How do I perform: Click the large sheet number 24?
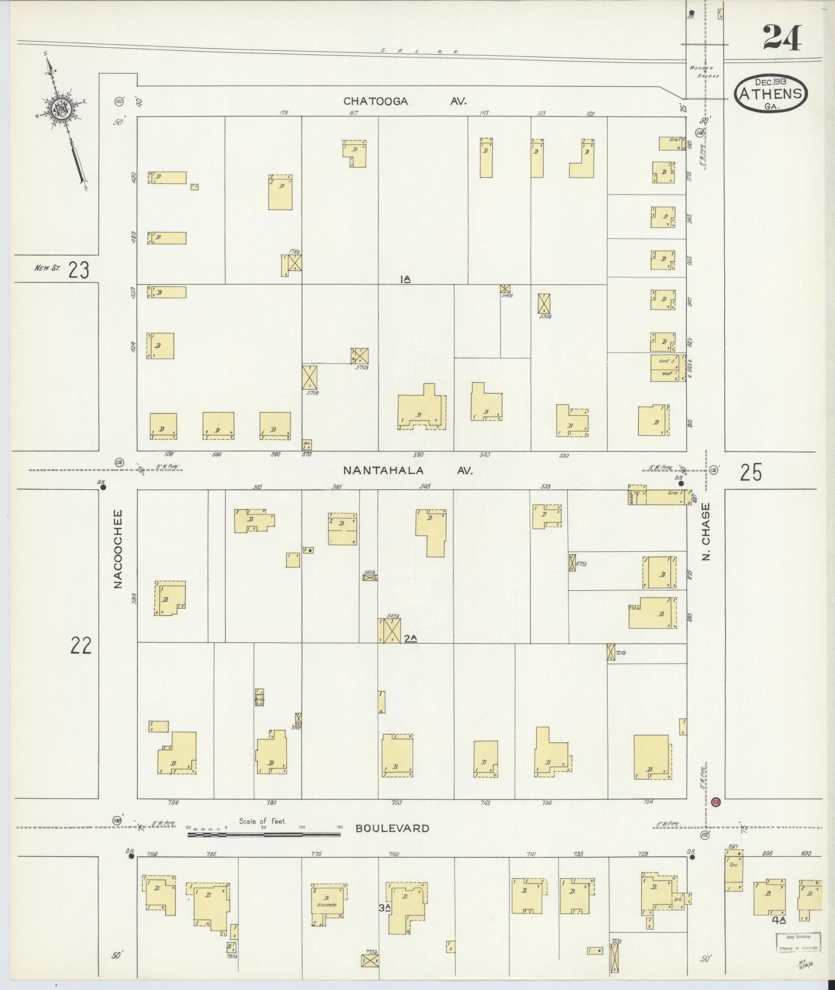pyautogui.click(x=782, y=38)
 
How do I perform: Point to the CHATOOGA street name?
pyautogui.click(x=376, y=101)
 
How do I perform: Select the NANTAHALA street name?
pyautogui.click(x=383, y=470)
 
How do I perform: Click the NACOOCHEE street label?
pyautogui.click(x=118, y=549)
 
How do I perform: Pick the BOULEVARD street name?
pyautogui.click(x=392, y=828)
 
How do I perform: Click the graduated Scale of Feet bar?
pyautogui.click(x=264, y=834)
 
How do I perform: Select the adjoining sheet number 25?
pyautogui.click(x=751, y=472)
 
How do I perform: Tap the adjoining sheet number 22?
pyautogui.click(x=81, y=645)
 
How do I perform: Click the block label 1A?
pyautogui.click(x=405, y=279)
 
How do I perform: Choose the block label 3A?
pyautogui.click(x=384, y=907)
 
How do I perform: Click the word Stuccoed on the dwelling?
pyautogui.click(x=327, y=905)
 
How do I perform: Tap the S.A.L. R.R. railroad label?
pyautogui.click(x=419, y=51)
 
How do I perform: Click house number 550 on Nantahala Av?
pyautogui.click(x=418, y=455)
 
